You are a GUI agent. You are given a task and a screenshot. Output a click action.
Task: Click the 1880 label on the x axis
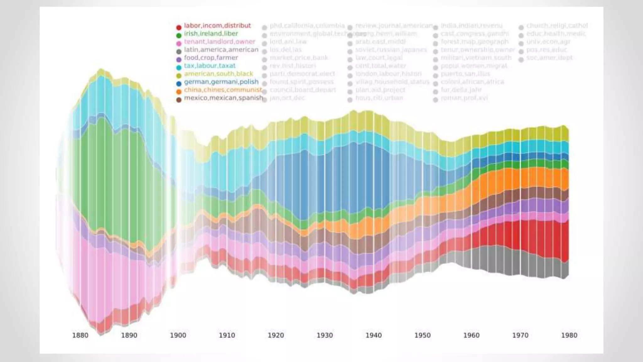point(80,335)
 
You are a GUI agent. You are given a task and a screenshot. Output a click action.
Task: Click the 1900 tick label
point(178,335)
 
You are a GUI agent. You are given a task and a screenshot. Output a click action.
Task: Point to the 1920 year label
point(276,335)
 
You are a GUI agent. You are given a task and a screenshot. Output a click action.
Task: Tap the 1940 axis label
point(374,335)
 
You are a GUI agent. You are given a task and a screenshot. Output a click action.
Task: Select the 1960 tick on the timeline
point(471,335)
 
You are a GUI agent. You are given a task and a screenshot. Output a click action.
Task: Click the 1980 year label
point(569,335)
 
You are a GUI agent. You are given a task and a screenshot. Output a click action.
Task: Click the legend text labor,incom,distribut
point(217,25)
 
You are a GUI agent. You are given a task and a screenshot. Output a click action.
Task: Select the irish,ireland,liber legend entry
point(211,34)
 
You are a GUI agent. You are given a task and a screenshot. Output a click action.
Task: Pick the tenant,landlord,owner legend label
point(219,41)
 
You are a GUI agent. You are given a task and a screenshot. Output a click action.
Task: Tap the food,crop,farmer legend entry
point(211,58)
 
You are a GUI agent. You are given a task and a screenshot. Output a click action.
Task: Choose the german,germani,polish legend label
point(221,82)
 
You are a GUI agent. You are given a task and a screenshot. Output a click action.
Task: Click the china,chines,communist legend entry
point(223,90)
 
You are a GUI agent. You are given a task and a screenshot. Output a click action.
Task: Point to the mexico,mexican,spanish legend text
point(224,98)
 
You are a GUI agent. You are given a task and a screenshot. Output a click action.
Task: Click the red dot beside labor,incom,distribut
point(179,27)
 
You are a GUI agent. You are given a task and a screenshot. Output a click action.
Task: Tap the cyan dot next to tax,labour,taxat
point(179,68)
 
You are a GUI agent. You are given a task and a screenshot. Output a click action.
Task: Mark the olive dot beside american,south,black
point(179,76)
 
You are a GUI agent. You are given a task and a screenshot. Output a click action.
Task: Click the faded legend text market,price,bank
point(299,58)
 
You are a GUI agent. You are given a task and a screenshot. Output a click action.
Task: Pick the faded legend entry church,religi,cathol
point(557,25)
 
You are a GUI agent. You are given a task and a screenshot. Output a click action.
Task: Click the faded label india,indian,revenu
point(472,25)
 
